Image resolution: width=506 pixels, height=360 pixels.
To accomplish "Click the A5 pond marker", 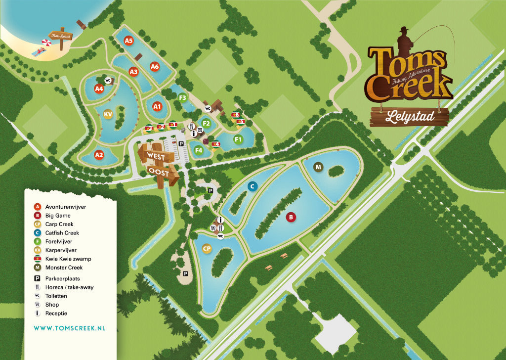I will pyautogui.click(x=129, y=41).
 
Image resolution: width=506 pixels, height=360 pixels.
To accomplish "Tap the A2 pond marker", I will pyautogui.click(x=99, y=155).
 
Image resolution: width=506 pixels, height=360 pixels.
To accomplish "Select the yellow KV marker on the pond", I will pyautogui.click(x=108, y=115).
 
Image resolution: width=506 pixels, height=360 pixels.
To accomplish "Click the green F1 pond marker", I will pyautogui.click(x=238, y=139).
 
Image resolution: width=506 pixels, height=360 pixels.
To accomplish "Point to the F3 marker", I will pyautogui.click(x=182, y=97).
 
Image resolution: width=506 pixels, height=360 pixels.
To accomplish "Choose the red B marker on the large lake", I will pyautogui.click(x=291, y=217).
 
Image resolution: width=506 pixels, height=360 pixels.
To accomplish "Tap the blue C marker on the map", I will pyautogui.click(x=252, y=186).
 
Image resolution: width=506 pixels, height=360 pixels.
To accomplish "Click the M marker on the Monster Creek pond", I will pyautogui.click(x=318, y=168).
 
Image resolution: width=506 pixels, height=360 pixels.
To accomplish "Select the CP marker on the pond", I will pyautogui.click(x=207, y=249).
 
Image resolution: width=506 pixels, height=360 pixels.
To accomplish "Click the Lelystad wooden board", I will pyautogui.click(x=409, y=117).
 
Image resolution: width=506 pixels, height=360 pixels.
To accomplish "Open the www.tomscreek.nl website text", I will pyautogui.click(x=69, y=328).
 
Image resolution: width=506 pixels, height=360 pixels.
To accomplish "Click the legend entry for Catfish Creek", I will pyautogui.click(x=62, y=233).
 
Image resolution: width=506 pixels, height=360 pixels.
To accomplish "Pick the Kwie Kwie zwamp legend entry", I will pyautogui.click(x=68, y=259).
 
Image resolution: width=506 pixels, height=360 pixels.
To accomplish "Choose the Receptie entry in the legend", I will pyautogui.click(x=56, y=313).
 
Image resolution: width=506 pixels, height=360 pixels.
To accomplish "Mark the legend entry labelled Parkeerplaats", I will pyautogui.click(x=62, y=278).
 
